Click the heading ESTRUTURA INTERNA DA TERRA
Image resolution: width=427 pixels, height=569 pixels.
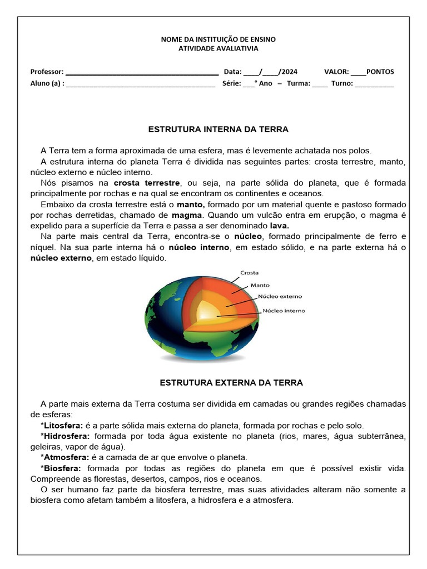pyautogui.click(x=218, y=129)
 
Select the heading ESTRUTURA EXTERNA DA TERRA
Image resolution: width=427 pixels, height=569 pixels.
pyautogui.click(x=231, y=383)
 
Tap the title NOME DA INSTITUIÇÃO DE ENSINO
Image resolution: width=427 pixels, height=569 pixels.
pyautogui.click(x=218, y=39)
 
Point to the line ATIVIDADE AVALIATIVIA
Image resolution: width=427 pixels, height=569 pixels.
pyautogui.click(x=218, y=48)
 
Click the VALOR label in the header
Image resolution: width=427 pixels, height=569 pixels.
pyautogui.click(x=336, y=72)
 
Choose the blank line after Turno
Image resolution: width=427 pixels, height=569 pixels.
pyautogui.click(x=374, y=84)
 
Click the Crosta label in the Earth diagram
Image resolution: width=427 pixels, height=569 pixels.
pyautogui.click(x=249, y=273)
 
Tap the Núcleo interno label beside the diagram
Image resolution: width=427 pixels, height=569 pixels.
pyautogui.click(x=284, y=311)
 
